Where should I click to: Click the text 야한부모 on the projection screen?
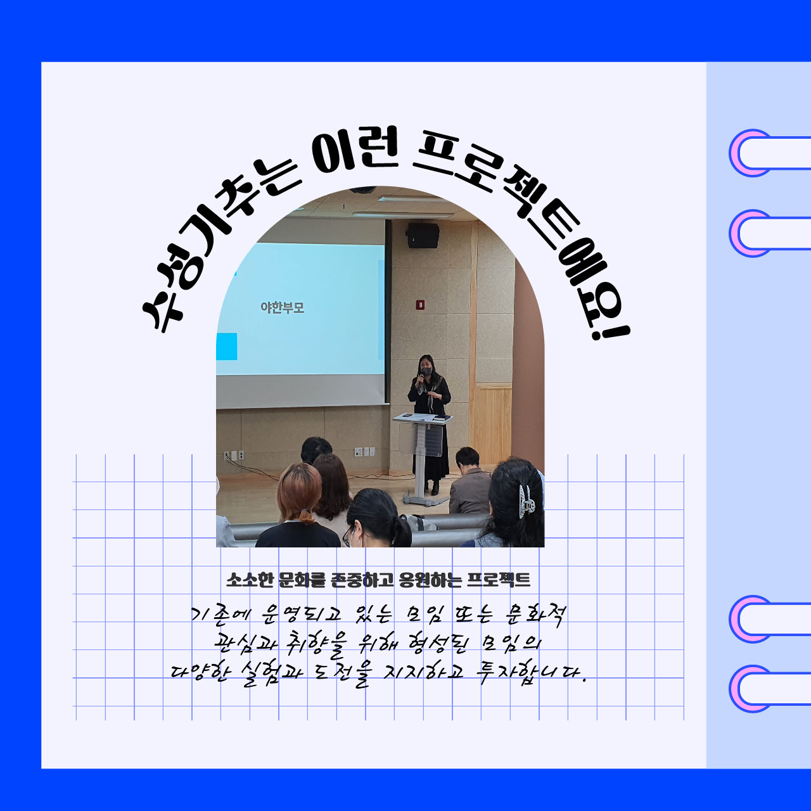click(283, 308)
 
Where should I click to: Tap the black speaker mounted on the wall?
click(423, 235)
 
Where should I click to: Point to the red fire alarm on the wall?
click(420, 304)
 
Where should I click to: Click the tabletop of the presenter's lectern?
click(422, 418)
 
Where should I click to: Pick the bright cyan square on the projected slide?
click(226, 347)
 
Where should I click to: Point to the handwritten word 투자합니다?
click(531, 674)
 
